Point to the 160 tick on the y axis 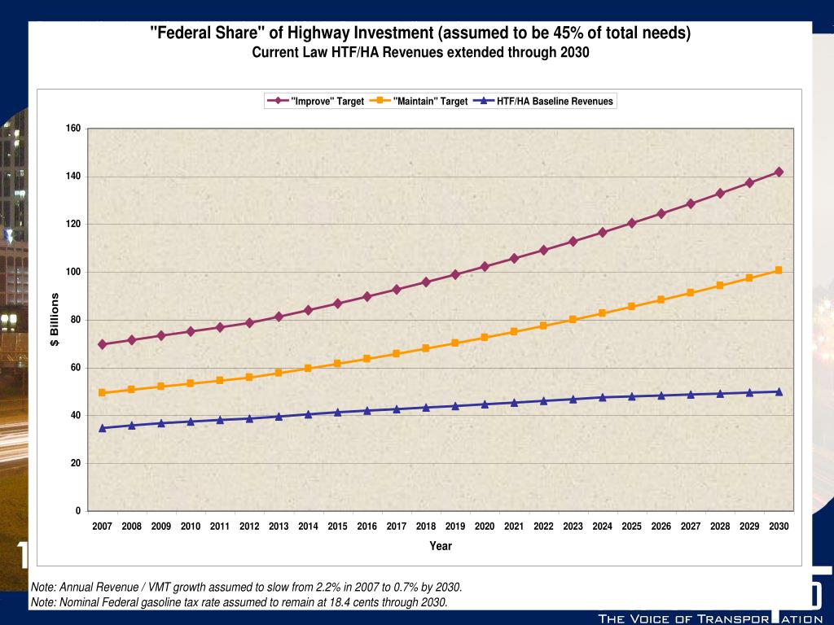(73, 129)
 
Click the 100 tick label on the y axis (73, 272)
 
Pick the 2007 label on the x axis (102, 527)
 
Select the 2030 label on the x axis (779, 527)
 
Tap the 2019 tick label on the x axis (455, 527)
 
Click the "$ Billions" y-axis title (55, 319)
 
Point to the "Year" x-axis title (441, 546)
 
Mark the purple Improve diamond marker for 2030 (779, 172)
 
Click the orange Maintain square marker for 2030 (779, 270)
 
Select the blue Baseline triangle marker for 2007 (102, 427)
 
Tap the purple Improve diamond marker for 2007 (102, 344)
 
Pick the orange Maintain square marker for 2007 (102, 392)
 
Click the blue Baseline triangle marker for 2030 (779, 391)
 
